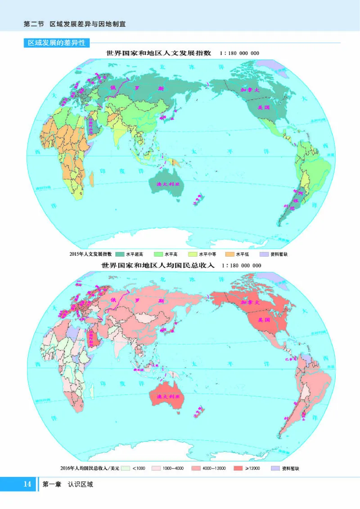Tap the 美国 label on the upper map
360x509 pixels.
click(x=263, y=108)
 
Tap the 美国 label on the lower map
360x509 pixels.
click(x=263, y=319)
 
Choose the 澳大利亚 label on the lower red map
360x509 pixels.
click(x=167, y=397)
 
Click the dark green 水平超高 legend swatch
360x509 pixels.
click(x=120, y=254)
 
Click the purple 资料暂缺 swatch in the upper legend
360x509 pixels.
click(x=265, y=254)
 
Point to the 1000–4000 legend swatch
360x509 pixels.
click(x=156, y=468)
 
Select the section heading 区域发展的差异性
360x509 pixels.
click(x=57, y=43)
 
